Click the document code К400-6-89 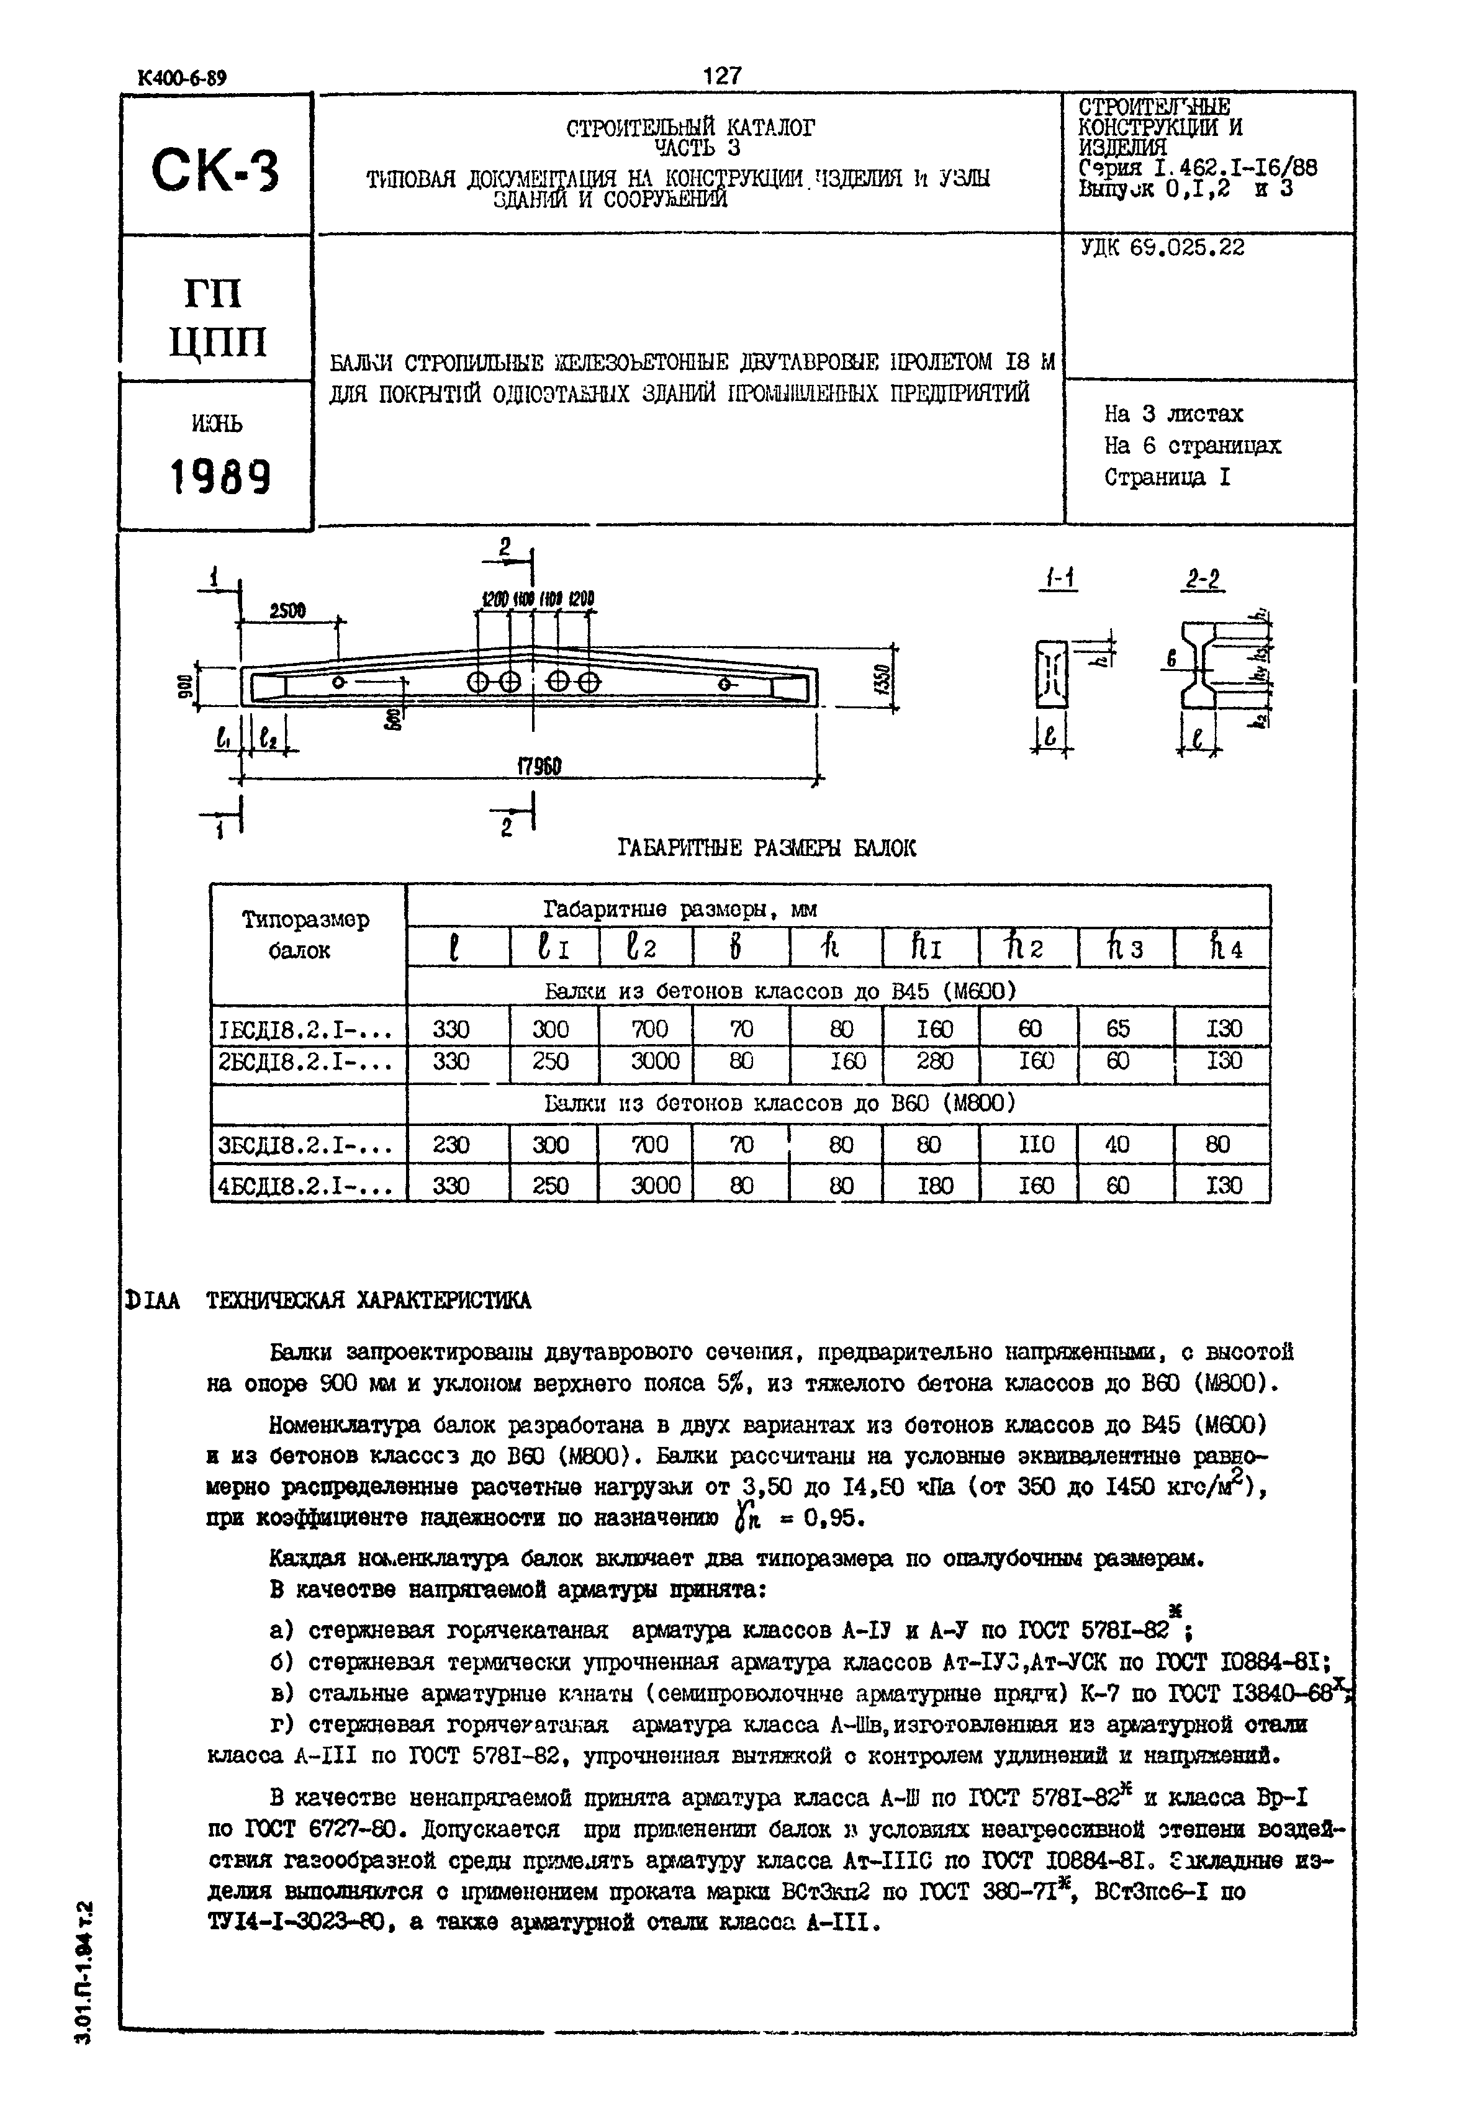[181, 78]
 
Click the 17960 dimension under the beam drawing [539, 765]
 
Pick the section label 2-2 [1203, 580]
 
